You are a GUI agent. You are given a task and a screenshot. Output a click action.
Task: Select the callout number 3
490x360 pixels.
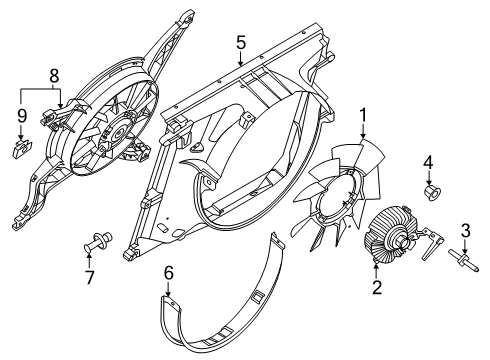coord(464,233)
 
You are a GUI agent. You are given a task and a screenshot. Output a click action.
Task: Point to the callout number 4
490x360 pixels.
coord(427,160)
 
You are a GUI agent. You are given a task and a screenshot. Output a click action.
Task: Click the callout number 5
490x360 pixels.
coord(240,42)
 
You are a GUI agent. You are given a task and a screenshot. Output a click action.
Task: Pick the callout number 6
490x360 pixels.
coord(168,271)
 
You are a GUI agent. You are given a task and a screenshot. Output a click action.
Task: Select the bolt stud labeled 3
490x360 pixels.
coord(465,262)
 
